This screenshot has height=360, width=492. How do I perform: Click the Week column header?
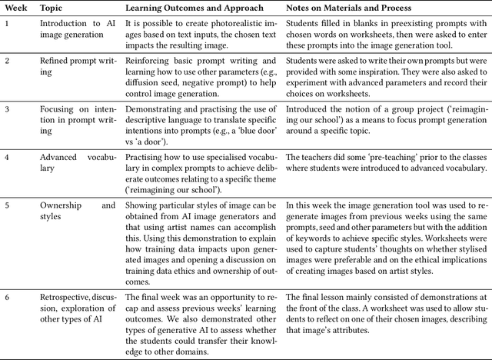(x=15, y=8)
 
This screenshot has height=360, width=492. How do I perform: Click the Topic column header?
(x=52, y=8)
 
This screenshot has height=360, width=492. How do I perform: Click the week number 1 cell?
(x=7, y=24)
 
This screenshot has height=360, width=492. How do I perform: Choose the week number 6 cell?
(x=7, y=297)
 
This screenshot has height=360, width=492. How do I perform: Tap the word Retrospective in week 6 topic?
(x=64, y=297)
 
